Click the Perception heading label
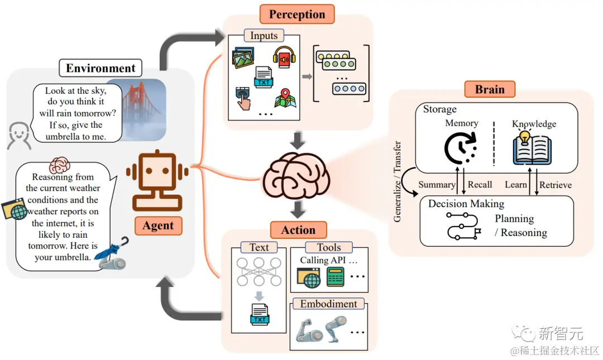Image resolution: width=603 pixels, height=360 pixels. (297, 14)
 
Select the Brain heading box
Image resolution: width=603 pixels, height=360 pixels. (490, 89)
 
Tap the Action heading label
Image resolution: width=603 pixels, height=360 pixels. (298, 230)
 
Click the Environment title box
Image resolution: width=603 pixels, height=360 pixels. (100, 68)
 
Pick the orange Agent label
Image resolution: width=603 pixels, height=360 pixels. (158, 225)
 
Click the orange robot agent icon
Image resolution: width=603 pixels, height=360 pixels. (157, 180)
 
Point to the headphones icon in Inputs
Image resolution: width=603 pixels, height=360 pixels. (284, 57)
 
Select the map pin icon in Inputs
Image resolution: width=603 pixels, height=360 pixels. (285, 98)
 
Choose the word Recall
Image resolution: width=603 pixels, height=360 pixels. (480, 185)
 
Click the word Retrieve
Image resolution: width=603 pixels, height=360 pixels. (556, 185)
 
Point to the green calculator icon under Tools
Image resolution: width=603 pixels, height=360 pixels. (336, 277)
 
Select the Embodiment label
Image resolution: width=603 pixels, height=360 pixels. (328, 304)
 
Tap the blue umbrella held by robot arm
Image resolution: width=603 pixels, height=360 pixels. (110, 249)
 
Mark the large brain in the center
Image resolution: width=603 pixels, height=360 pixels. (296, 176)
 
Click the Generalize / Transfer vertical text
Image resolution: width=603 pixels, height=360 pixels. (398, 181)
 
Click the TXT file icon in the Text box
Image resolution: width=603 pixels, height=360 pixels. (260, 315)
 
